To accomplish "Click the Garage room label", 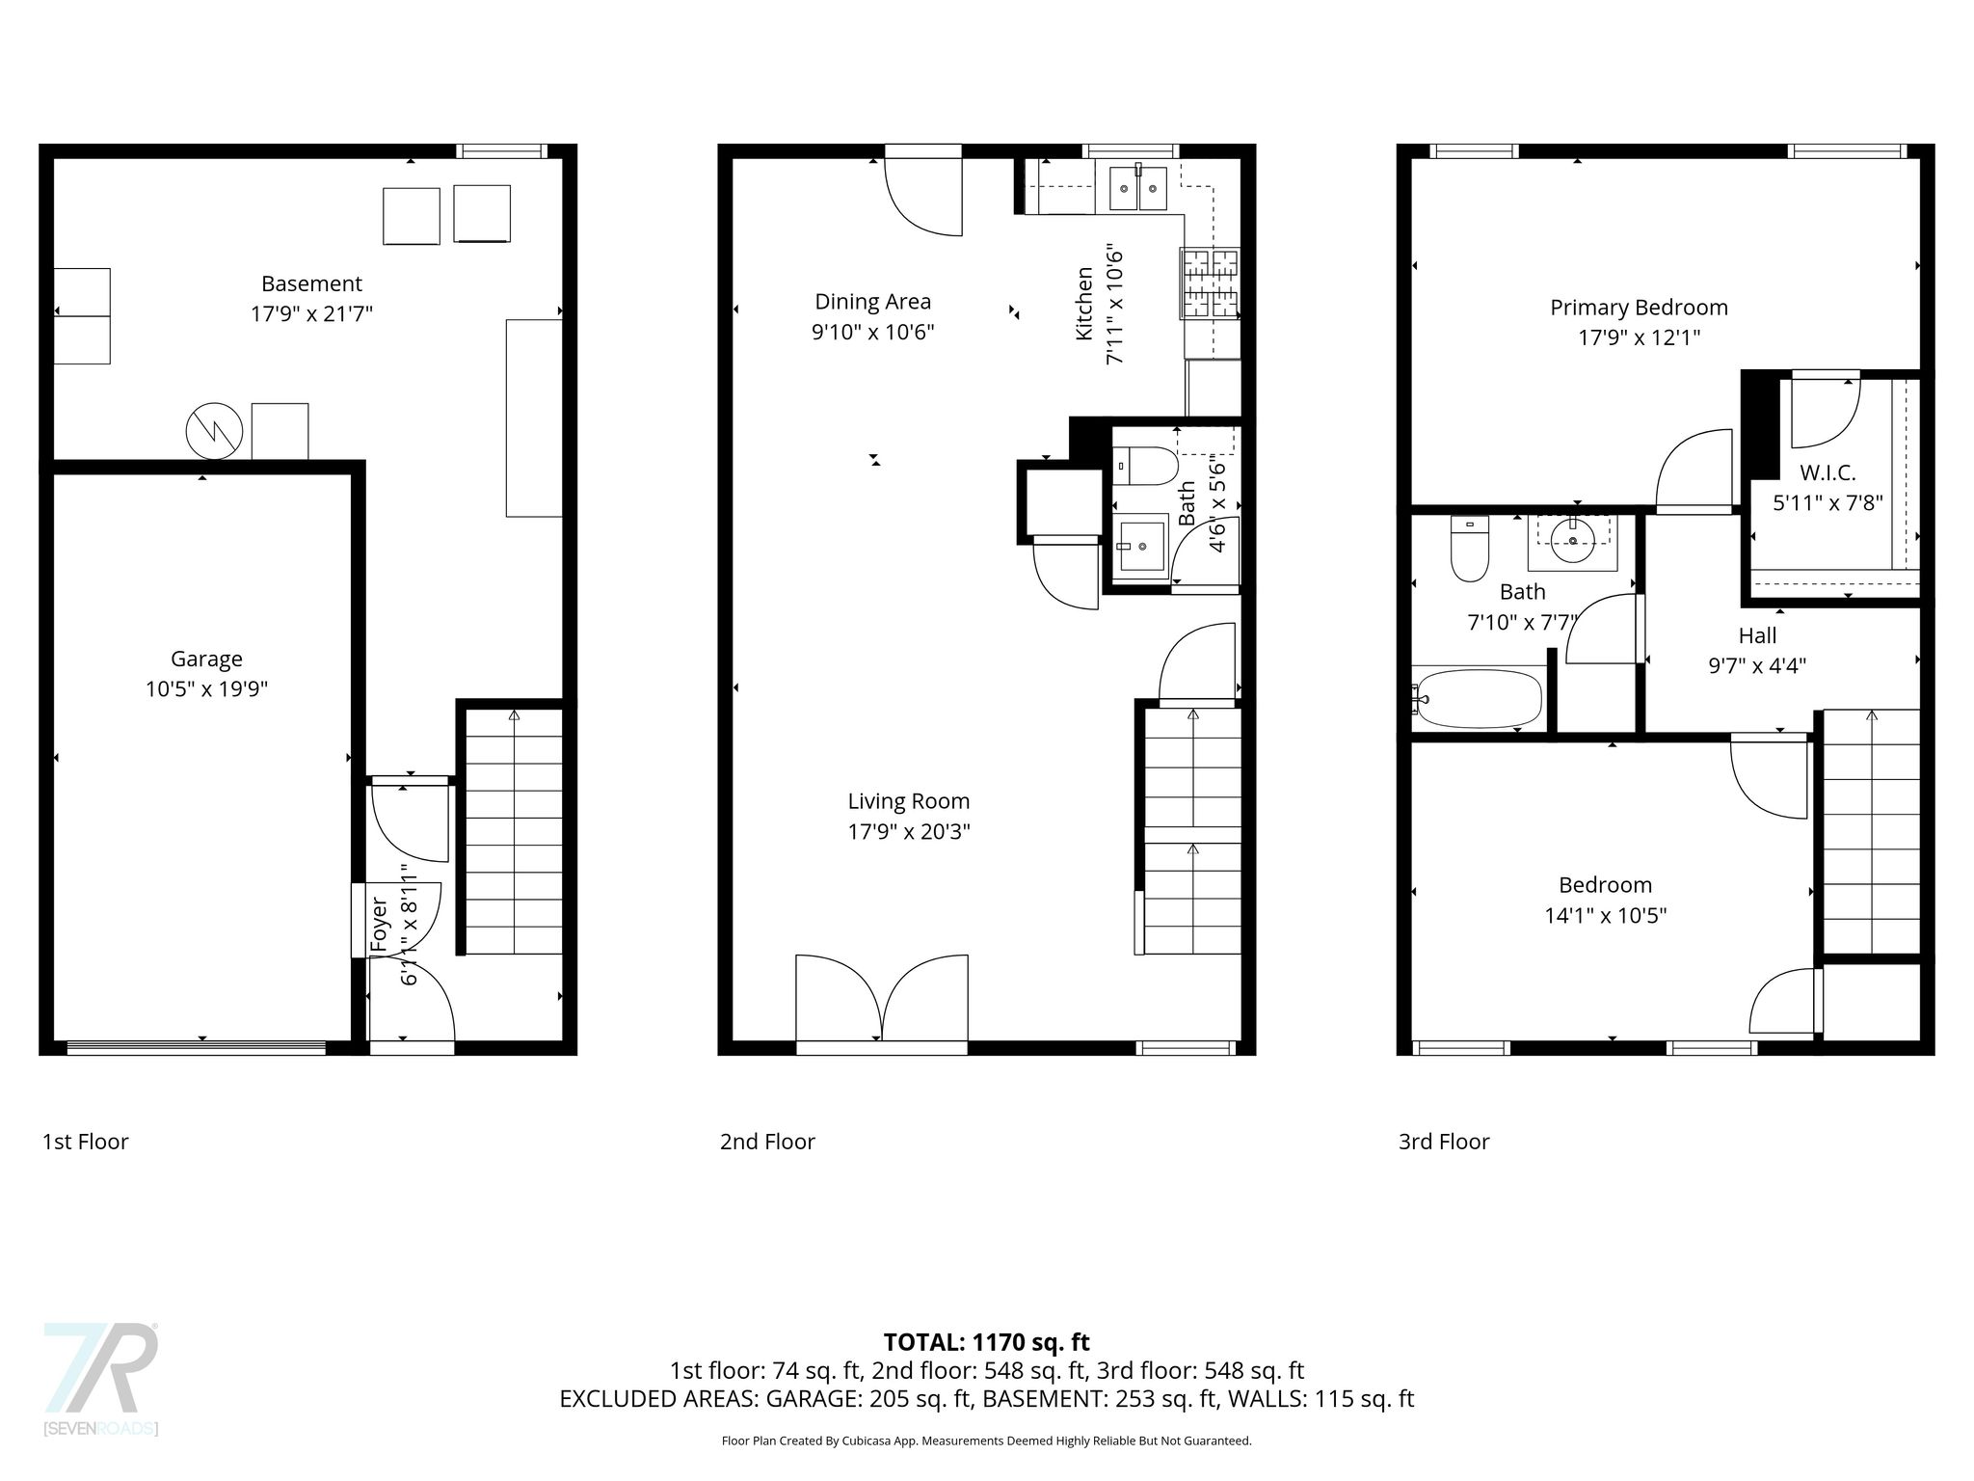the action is point(206,659).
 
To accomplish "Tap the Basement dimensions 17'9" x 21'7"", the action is point(311,313).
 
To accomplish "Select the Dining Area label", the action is point(873,302).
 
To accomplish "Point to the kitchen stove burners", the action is point(1210,284).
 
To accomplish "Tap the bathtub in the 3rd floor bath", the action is point(1477,698).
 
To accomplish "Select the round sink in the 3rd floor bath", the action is point(1573,541).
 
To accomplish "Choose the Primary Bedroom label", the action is point(1639,308).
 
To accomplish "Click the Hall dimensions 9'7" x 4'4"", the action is point(1757,665).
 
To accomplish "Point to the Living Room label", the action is point(909,801).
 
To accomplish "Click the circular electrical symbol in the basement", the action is point(214,431).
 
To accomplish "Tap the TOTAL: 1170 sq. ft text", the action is point(986,1341).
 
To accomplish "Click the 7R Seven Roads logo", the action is point(101,1378).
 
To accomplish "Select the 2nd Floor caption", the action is point(767,1142).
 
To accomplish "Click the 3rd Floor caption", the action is point(1444,1142).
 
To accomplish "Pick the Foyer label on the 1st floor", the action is point(379,925).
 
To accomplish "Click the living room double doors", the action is point(882,1004).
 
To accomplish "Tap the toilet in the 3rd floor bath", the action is point(1470,549).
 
